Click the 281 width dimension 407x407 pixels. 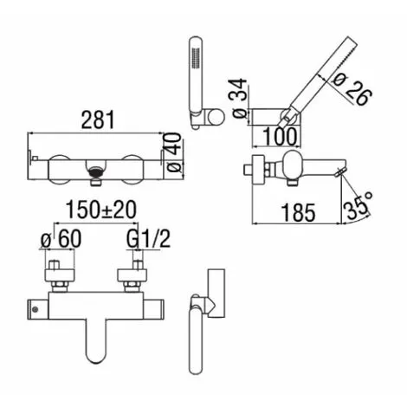[98, 120]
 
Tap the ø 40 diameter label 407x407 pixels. [173, 152]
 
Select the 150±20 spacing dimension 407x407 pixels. [101, 210]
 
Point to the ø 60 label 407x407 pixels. [61, 239]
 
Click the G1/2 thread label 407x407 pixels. [148, 239]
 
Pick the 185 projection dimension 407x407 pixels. [298, 213]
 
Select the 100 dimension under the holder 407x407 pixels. [280, 137]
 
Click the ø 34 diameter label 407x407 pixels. [240, 98]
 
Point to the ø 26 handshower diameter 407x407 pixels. [352, 88]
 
